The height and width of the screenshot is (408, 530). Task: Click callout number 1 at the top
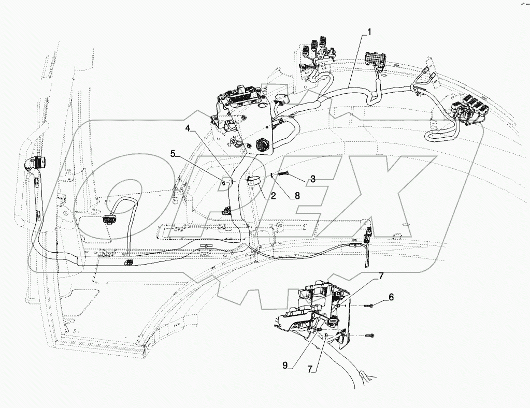click(x=369, y=32)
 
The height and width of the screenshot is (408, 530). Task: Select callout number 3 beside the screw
click(x=312, y=179)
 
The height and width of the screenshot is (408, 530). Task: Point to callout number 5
click(x=174, y=154)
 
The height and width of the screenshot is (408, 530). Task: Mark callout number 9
click(x=284, y=365)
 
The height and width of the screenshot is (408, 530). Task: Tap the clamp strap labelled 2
click(x=253, y=181)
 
